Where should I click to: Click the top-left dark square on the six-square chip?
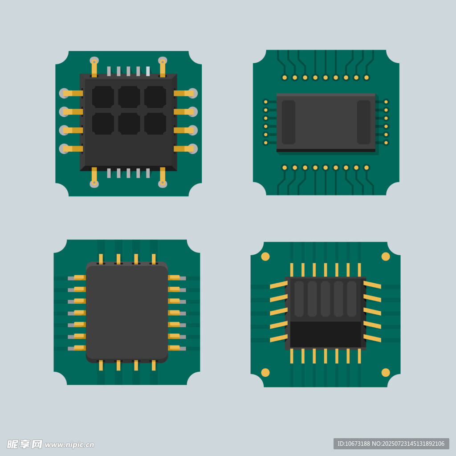click(103, 97)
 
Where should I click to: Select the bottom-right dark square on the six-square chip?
click(155, 124)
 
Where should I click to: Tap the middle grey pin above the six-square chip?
click(128, 71)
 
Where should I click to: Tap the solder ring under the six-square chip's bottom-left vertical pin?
click(94, 183)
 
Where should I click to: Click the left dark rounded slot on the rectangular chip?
click(289, 122)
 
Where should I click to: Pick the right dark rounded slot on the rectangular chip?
click(363, 122)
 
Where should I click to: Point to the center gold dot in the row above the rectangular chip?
click(326, 77)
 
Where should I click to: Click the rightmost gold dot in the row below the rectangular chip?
click(366, 167)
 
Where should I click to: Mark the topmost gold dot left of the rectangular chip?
click(265, 102)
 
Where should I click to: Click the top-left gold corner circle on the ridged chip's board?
click(265, 256)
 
